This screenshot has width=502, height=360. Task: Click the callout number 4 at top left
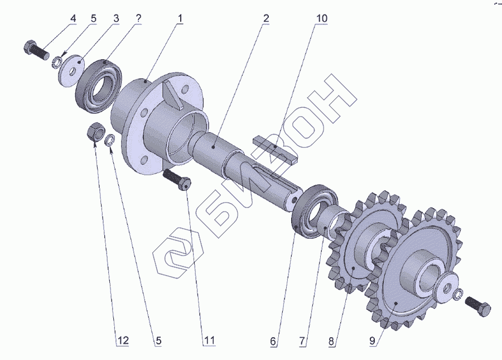click(73, 18)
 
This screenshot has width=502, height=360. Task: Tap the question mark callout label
click(138, 18)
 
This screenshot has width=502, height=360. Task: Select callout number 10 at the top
click(322, 18)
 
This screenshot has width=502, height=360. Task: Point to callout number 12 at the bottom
click(123, 340)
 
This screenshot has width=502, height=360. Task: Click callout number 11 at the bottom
click(209, 340)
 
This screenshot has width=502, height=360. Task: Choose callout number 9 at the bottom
click(373, 341)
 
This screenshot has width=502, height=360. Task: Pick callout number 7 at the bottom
click(302, 341)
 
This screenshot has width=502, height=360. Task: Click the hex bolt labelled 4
click(36, 50)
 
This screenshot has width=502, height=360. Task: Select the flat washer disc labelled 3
click(71, 71)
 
